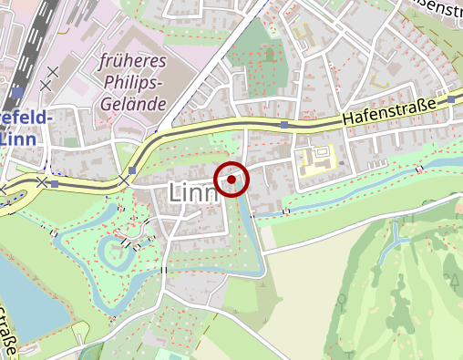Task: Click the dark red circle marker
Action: click(x=232, y=180)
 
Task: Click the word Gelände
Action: click(x=133, y=104)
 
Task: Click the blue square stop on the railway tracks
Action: click(x=18, y=91)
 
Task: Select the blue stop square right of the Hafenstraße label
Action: click(x=450, y=99)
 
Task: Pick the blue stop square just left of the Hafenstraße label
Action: click(x=285, y=124)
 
